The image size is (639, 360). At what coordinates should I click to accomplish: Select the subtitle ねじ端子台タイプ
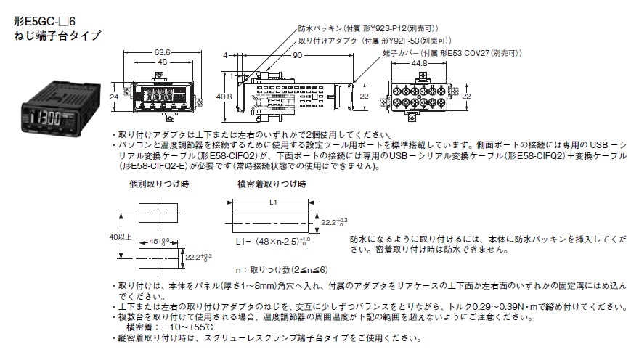pos(56,35)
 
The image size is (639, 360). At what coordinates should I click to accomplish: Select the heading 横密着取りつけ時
pos(272,186)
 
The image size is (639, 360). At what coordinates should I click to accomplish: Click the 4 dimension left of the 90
pos(226,55)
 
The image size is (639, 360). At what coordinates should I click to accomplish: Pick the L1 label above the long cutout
pos(271,202)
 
